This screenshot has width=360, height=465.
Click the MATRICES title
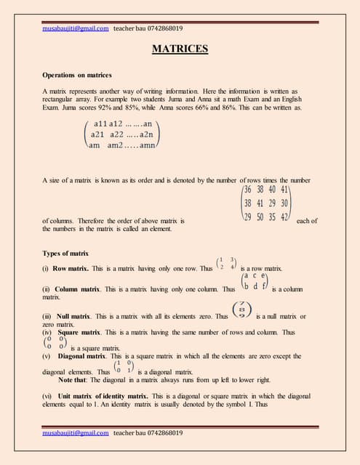180,49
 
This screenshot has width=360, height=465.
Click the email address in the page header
76,28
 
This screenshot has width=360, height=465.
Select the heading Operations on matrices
78,75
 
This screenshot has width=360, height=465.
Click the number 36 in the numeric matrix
249,190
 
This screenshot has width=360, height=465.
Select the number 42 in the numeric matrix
285,217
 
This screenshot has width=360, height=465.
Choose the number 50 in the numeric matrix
260,217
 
